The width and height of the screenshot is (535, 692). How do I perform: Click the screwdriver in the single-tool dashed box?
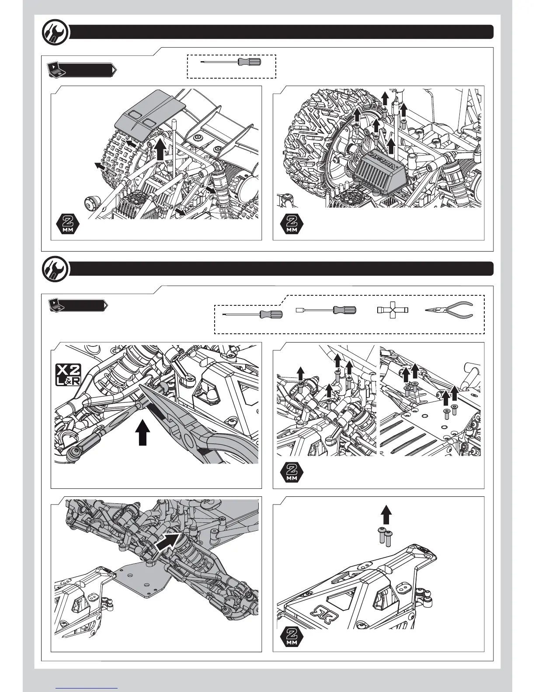point(232,62)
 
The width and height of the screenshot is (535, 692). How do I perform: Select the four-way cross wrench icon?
point(392,311)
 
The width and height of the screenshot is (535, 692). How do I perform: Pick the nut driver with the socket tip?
point(325,311)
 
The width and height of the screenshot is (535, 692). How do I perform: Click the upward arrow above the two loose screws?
point(385,514)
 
